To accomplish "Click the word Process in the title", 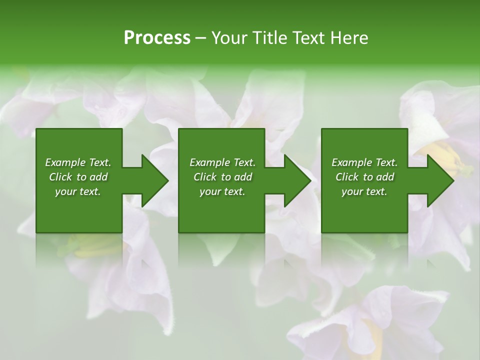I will coord(157,38).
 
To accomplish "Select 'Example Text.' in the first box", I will coord(78,162).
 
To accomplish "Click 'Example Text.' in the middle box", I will coord(222,162).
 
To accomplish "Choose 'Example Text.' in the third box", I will coord(364,162).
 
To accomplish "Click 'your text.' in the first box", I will coord(78,191).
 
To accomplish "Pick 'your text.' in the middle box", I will coord(222,191).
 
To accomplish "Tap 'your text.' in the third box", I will coord(364,191).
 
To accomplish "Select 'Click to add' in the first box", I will coord(78,177).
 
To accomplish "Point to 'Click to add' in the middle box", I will coord(222,177).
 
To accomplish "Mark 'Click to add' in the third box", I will coord(364,177).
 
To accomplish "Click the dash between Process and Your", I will coord(201,38).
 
